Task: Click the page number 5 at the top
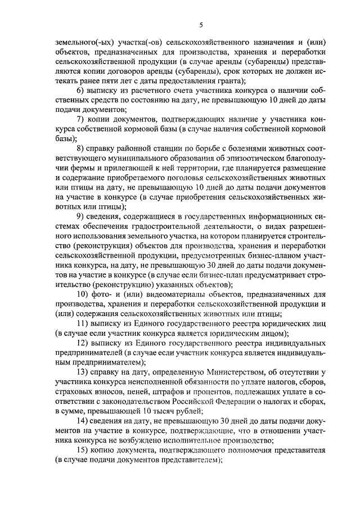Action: (x=201, y=24)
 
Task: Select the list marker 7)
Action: (x=80, y=119)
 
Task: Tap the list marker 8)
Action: (x=80, y=148)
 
